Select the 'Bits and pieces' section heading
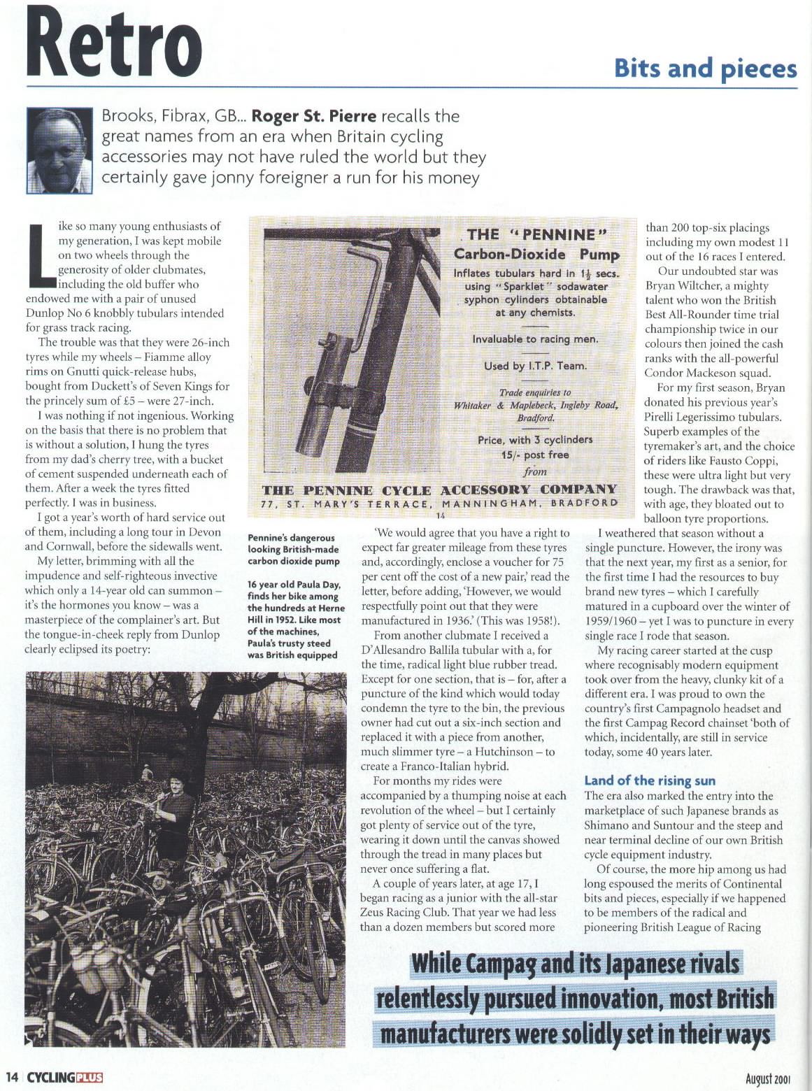[705, 69]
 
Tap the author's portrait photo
[59, 150]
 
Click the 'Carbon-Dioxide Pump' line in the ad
[536, 255]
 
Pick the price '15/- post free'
[535, 455]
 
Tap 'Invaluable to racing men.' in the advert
[535, 339]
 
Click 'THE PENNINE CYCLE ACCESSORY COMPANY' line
[439, 490]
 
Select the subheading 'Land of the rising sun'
[650, 780]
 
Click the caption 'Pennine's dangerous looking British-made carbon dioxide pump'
[293, 549]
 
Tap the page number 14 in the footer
[12, 1077]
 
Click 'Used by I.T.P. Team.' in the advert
[535, 366]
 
